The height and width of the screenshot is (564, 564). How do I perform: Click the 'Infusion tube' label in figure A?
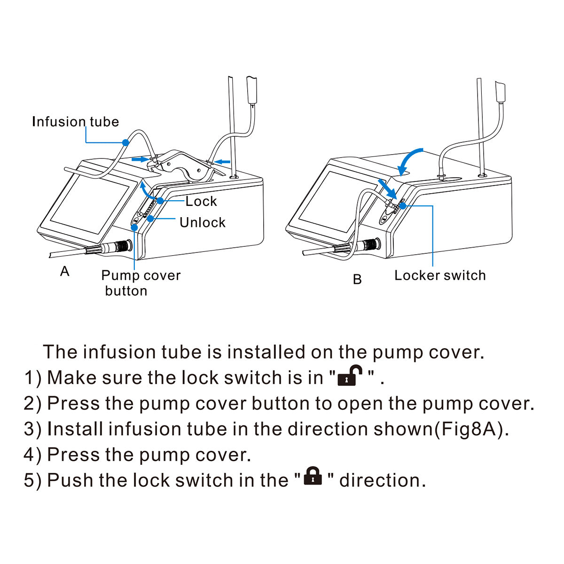click(75, 122)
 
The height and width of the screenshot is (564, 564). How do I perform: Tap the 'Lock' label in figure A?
click(201, 201)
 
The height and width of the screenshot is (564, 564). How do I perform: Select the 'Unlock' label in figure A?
click(202, 222)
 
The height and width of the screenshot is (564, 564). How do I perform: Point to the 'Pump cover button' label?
click(140, 282)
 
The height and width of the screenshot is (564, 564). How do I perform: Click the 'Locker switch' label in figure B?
click(440, 275)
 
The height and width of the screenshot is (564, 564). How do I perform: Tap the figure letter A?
click(65, 272)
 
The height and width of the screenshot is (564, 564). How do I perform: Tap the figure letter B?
click(357, 280)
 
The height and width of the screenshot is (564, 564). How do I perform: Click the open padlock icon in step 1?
click(350, 376)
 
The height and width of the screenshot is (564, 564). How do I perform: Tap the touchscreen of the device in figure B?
click(329, 200)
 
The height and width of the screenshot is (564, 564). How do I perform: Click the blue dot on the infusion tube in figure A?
click(125, 141)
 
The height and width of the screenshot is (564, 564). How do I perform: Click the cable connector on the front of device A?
click(117, 246)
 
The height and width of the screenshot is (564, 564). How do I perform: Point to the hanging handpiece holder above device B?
click(501, 93)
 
